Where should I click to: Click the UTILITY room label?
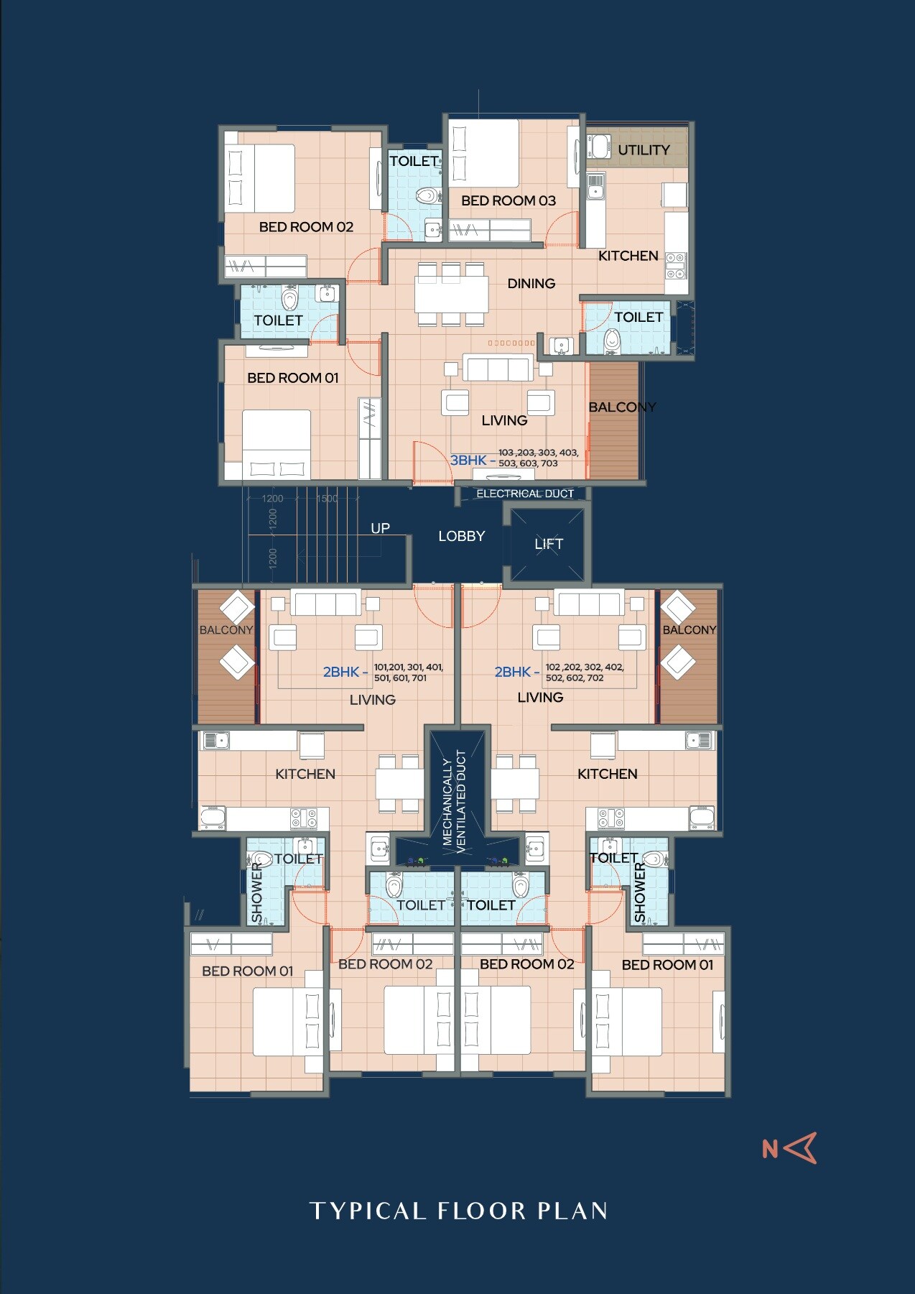pos(644,150)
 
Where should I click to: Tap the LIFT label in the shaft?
pos(549,544)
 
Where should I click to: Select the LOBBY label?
pos(461,536)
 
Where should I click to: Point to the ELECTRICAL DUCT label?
pos(525,494)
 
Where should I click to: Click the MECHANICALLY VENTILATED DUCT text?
pos(454,800)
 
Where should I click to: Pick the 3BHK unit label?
pos(468,460)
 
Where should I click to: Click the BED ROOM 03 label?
pos(508,200)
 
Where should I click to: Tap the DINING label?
pos(531,283)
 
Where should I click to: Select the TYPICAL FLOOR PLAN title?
pos(458,1211)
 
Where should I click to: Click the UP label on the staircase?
pos(380,528)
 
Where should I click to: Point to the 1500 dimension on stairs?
pos(327,499)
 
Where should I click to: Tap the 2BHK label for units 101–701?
pos(340,672)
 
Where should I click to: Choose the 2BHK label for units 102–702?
pos(512,672)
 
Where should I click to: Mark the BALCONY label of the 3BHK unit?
pos(622,407)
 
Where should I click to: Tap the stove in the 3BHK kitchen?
pos(675,265)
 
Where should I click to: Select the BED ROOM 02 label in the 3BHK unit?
pos(306,227)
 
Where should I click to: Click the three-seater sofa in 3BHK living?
pos(497,368)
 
